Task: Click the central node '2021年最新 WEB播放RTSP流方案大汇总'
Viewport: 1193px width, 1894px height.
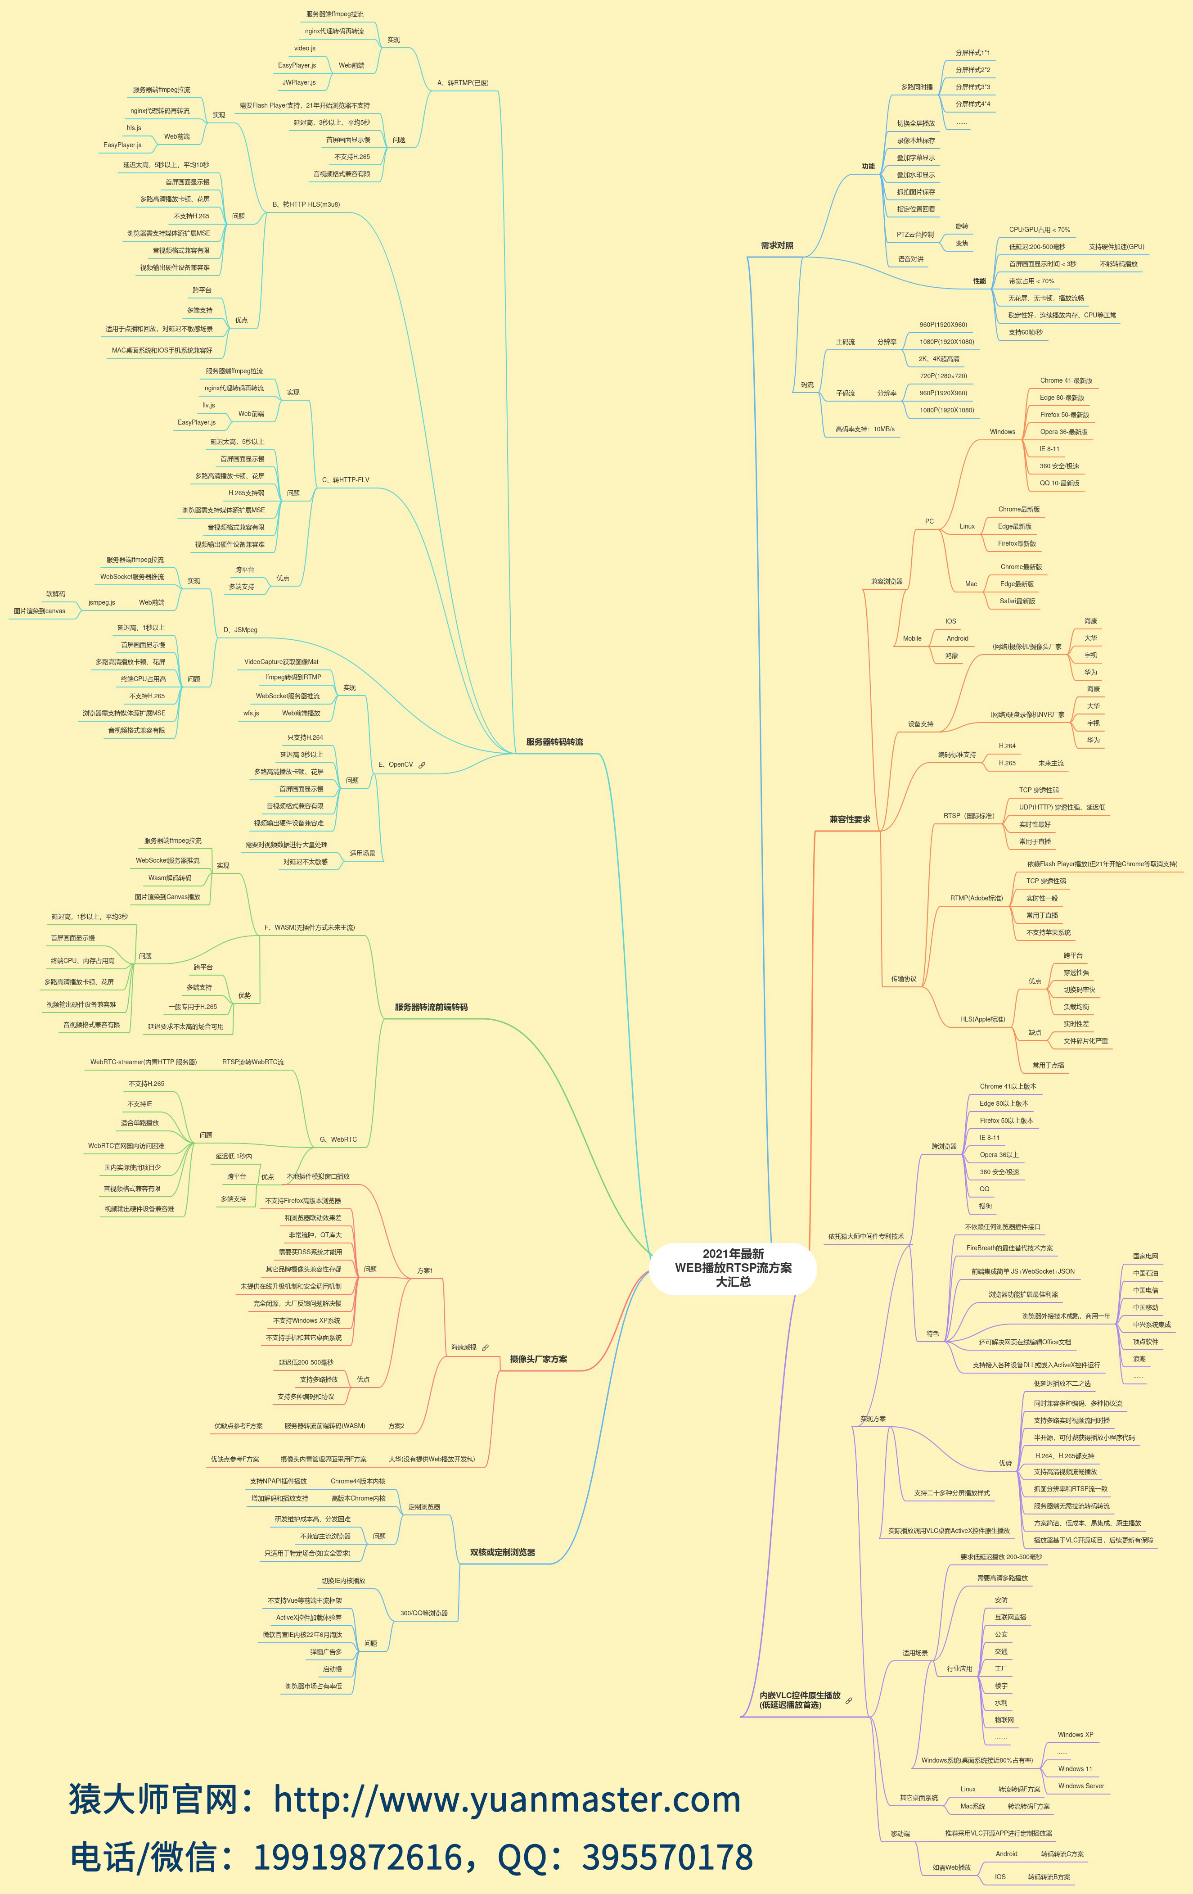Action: pyautogui.click(x=733, y=1267)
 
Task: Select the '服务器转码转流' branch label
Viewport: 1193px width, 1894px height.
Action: pyautogui.click(x=554, y=742)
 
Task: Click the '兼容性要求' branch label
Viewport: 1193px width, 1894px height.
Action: pyautogui.click(x=849, y=819)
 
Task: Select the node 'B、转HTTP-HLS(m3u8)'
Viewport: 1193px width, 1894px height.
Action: pyautogui.click(x=306, y=204)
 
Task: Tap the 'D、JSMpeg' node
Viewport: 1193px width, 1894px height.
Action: pyautogui.click(x=240, y=629)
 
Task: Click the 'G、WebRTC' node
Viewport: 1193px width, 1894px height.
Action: pyautogui.click(x=338, y=1139)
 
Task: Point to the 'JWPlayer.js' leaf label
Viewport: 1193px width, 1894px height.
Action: pyautogui.click(x=299, y=82)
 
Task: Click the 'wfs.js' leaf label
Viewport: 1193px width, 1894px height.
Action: pyautogui.click(x=251, y=714)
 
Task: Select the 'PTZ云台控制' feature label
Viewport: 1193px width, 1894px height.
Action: pyautogui.click(x=914, y=235)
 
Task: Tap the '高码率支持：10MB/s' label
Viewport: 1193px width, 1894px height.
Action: pyautogui.click(x=864, y=429)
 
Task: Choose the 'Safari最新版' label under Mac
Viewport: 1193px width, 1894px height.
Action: pyautogui.click(x=1017, y=601)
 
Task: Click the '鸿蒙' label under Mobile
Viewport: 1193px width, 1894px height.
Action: pyautogui.click(x=952, y=655)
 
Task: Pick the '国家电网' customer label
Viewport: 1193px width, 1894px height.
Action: pyautogui.click(x=1145, y=1256)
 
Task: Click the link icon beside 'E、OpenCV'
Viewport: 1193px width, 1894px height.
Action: pyautogui.click(x=422, y=764)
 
